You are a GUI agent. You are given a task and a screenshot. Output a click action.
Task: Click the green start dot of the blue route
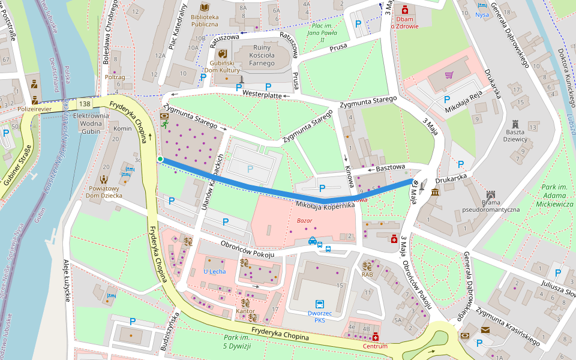coord(160,159)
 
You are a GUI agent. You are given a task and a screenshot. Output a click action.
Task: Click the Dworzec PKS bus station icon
coord(320,304)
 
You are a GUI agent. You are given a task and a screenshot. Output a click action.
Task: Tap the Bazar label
coord(305,221)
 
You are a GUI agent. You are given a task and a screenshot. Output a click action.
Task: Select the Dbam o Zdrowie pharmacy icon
coord(404,10)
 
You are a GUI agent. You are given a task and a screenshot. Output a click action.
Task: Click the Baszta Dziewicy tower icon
coord(515,127)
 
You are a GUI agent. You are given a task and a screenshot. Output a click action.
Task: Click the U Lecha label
coord(214,271)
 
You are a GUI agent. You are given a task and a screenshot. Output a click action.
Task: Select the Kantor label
coord(245,311)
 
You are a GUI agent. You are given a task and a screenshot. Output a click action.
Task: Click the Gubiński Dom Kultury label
coord(221,66)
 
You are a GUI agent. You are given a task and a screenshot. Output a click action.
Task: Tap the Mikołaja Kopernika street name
coord(325,205)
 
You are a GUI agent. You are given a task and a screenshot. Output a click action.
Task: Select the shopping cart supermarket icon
coord(449,76)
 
